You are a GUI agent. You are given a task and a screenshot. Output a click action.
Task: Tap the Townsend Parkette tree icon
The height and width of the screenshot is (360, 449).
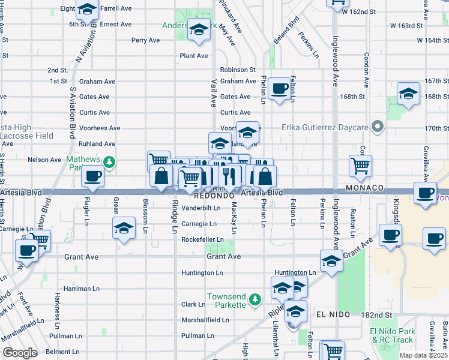point(255,298)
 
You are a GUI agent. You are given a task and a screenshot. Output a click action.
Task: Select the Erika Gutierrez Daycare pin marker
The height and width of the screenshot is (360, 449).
point(377,127)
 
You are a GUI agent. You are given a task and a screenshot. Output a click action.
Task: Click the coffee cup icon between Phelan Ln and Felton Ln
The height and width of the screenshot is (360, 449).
point(279,89)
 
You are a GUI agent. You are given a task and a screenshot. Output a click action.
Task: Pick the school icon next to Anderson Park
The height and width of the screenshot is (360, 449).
point(198,29)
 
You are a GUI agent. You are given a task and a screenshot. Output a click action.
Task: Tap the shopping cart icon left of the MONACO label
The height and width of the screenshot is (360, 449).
point(360,166)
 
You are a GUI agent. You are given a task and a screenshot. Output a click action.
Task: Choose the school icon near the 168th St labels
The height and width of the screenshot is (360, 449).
point(408,94)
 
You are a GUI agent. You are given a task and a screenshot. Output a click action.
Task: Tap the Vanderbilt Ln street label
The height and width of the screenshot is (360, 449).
point(202,208)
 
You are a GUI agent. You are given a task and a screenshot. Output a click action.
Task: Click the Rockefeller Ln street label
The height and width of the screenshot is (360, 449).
point(202,240)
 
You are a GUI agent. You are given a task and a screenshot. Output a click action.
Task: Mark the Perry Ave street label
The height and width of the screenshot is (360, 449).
point(146,40)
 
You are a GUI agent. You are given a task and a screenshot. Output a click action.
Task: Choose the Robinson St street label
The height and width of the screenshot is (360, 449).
point(238,70)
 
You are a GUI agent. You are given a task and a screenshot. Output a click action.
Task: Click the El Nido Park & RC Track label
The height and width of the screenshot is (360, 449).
point(391,335)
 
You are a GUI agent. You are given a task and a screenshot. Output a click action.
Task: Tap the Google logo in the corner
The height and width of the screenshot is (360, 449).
point(20,352)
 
